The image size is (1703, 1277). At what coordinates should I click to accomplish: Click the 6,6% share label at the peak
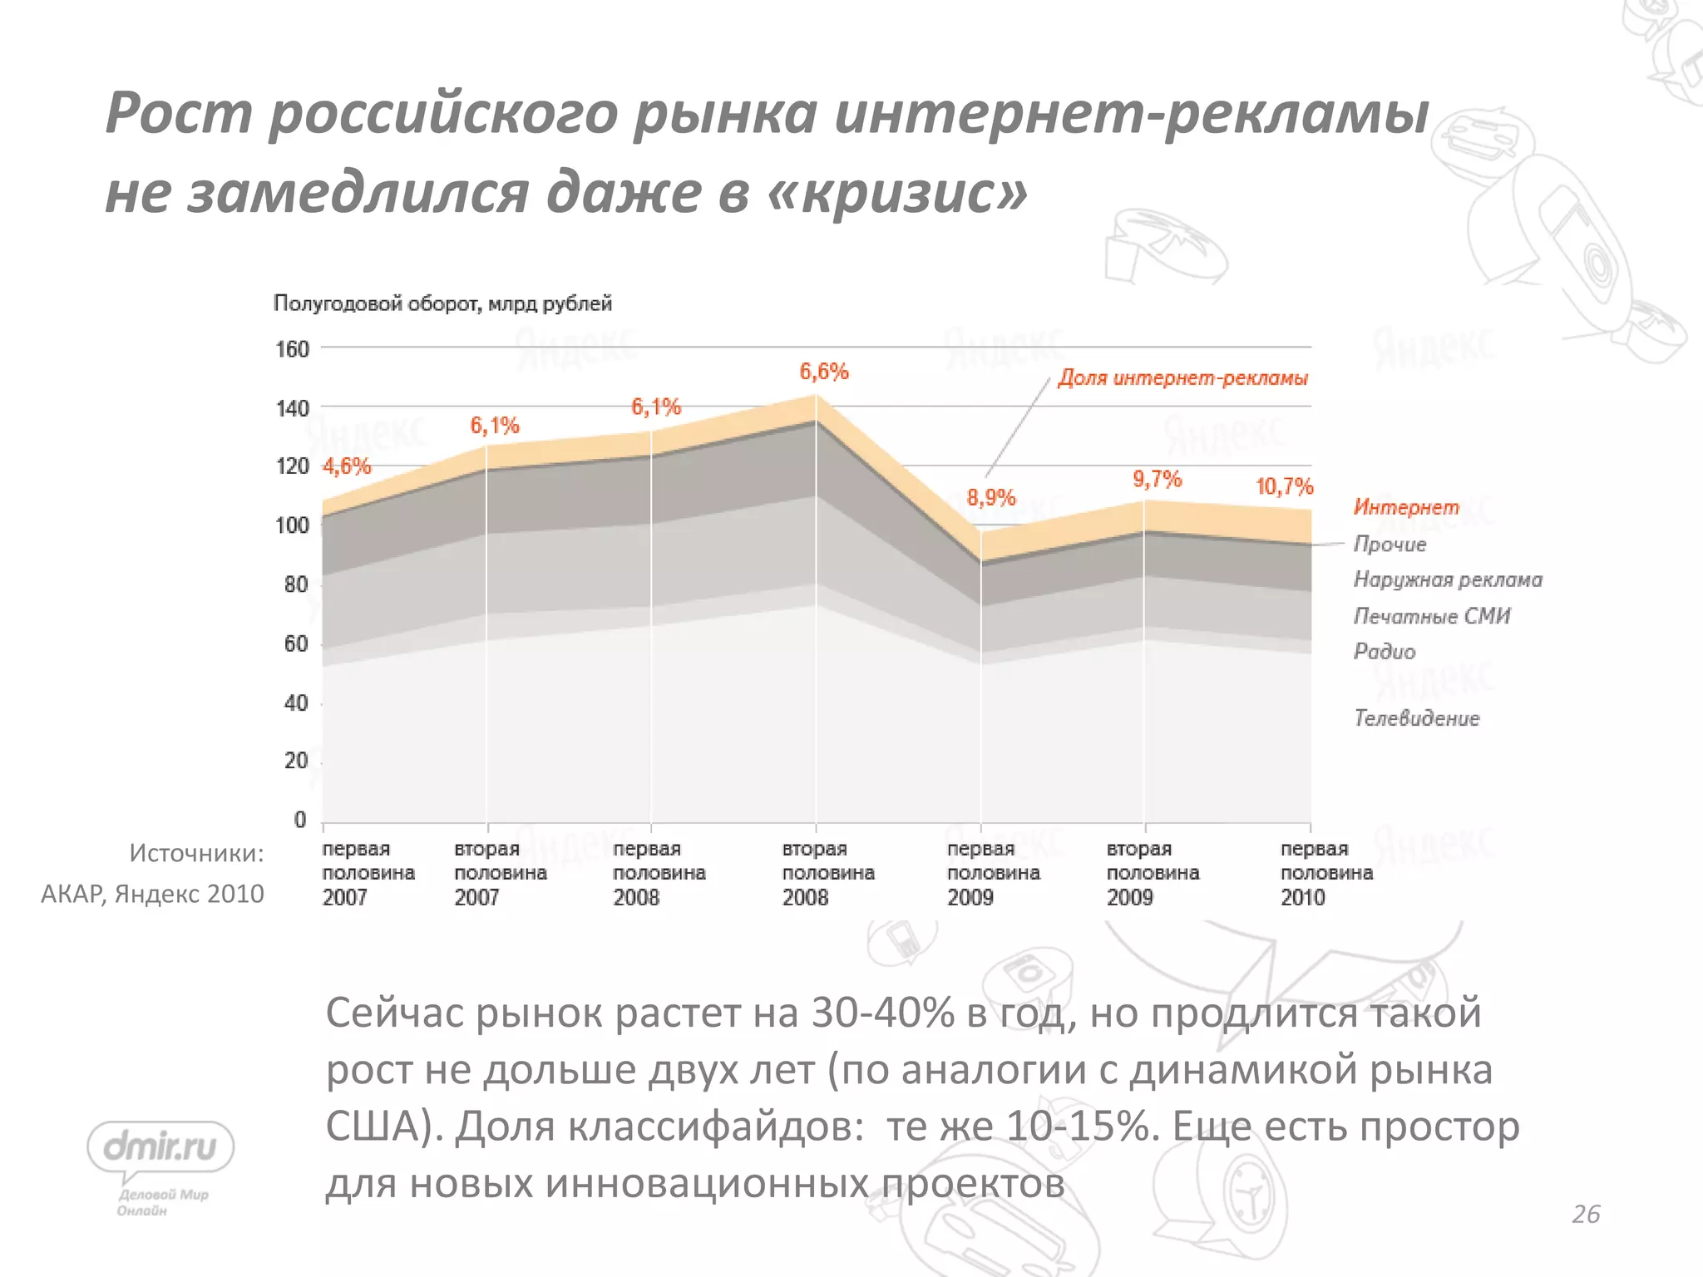tap(823, 372)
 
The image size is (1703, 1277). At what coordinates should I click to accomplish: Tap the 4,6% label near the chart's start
tap(347, 466)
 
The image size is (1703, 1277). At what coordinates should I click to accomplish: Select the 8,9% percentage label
tap(991, 498)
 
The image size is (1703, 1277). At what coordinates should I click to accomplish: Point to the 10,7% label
tap(1284, 486)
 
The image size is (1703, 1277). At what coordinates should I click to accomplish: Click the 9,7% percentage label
tap(1157, 479)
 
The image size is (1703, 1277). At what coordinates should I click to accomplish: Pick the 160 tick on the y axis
tap(293, 349)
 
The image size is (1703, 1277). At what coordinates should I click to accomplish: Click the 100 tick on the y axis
tap(293, 525)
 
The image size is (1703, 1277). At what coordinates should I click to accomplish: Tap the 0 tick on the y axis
tap(300, 821)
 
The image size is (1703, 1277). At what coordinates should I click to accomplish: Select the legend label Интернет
tap(1406, 507)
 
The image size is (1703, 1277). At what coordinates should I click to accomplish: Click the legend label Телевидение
tap(1417, 718)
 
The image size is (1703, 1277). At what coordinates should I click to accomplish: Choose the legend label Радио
tap(1385, 651)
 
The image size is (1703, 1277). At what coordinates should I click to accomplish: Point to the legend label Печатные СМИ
tap(1432, 616)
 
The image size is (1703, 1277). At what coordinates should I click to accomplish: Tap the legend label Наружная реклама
tap(1448, 579)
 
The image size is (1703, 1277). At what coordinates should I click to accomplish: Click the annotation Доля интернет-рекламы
tap(1182, 378)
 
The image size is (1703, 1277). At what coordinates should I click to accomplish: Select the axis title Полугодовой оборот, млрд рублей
tap(442, 303)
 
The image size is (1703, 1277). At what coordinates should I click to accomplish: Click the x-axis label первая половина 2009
tap(993, 873)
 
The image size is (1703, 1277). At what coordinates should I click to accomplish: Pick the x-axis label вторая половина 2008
tap(828, 873)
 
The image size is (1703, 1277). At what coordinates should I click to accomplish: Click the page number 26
tap(1586, 1215)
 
